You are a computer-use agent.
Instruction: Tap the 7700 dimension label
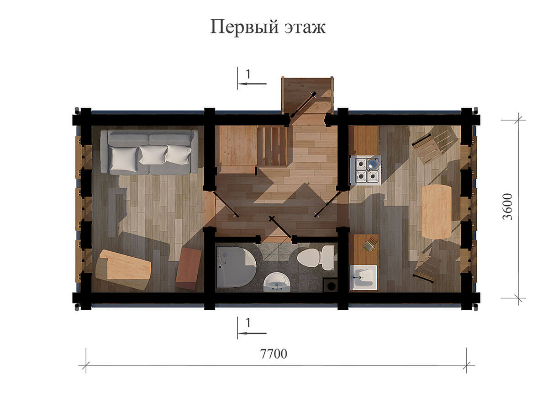tap(274, 354)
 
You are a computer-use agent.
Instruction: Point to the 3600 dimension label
tap(507, 207)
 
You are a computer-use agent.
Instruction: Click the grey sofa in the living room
tap(149, 152)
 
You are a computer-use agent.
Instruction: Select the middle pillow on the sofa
tap(153, 154)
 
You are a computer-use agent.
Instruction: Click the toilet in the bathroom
tap(316, 258)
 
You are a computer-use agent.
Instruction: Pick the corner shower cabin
tap(236, 267)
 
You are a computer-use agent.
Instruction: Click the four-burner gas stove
tap(365, 170)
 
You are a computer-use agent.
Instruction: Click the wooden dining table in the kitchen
tap(437, 212)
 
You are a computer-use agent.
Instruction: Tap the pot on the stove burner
tap(373, 163)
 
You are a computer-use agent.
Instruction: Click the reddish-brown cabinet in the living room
tap(189, 268)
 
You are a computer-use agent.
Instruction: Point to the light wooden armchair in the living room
tap(123, 270)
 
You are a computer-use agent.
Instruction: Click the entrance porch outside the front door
tap(308, 95)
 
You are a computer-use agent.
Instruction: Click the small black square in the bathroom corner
tap(330, 286)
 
